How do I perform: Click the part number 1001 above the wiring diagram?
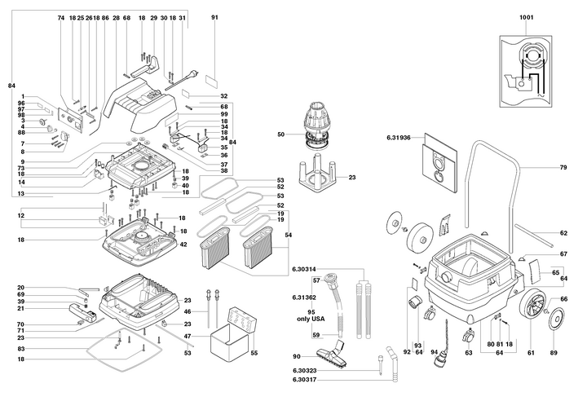point(527,17)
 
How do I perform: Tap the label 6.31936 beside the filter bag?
point(399,138)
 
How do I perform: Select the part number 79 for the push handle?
point(563,167)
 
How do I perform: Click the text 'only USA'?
point(311,319)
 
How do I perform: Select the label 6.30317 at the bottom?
point(304,380)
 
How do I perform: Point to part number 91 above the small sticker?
point(214,17)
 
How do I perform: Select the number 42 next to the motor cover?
point(183,245)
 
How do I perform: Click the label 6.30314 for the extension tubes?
point(304,269)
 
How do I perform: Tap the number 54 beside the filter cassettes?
point(289,235)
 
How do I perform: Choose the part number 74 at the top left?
point(61,18)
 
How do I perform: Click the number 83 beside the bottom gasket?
point(21,349)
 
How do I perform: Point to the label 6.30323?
point(304,371)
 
